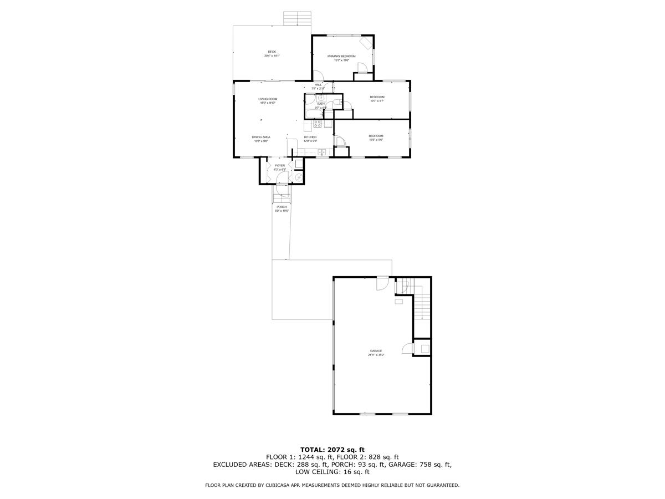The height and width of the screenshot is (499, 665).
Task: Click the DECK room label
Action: [x=272, y=52]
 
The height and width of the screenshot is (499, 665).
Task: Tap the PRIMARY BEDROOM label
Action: [x=341, y=56]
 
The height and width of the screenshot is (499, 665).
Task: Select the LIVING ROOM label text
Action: [x=268, y=99]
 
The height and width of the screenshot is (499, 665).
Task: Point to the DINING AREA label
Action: [x=261, y=136]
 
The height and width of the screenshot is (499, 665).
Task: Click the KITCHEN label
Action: [x=310, y=137]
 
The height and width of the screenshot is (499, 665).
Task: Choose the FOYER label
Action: [x=280, y=165]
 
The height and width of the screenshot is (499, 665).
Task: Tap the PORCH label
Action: [x=282, y=207]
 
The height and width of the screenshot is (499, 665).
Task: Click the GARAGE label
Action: [x=376, y=350]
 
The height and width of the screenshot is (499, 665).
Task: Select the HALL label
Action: [x=318, y=85]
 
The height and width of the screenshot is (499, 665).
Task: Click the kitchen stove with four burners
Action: [x=318, y=124]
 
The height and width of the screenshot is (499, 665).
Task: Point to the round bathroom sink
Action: [x=320, y=98]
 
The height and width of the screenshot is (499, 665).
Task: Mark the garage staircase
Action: [x=422, y=305]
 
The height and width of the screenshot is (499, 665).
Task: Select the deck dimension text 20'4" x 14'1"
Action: [x=272, y=56]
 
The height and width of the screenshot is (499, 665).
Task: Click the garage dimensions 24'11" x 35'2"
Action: [x=376, y=355]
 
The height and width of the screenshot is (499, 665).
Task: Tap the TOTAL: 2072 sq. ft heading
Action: [x=332, y=449]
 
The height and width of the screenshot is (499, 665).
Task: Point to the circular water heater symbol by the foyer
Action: [x=299, y=177]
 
